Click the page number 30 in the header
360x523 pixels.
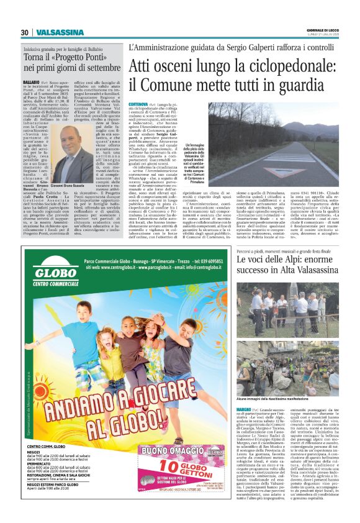tap(24, 32)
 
